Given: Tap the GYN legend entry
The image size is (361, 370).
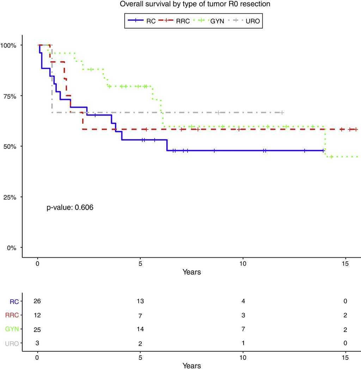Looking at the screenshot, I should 217,21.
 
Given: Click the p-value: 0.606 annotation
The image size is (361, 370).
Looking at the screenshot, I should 70,208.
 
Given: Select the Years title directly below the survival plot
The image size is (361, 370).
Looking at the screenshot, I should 191,272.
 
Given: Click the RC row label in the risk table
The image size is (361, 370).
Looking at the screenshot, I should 14,301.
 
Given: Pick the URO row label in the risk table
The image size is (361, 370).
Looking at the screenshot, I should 12,343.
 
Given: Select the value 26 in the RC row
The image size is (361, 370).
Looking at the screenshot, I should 37,301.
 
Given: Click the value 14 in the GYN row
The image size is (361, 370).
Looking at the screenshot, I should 140,330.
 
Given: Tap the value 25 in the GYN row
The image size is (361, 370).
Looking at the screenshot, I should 37,330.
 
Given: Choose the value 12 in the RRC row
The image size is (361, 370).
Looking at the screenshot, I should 37,315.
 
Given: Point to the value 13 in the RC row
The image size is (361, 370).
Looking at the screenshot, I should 140,301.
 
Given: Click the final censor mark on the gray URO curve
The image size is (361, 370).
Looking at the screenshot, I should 282,113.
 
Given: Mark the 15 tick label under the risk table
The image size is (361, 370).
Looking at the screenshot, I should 345,358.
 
